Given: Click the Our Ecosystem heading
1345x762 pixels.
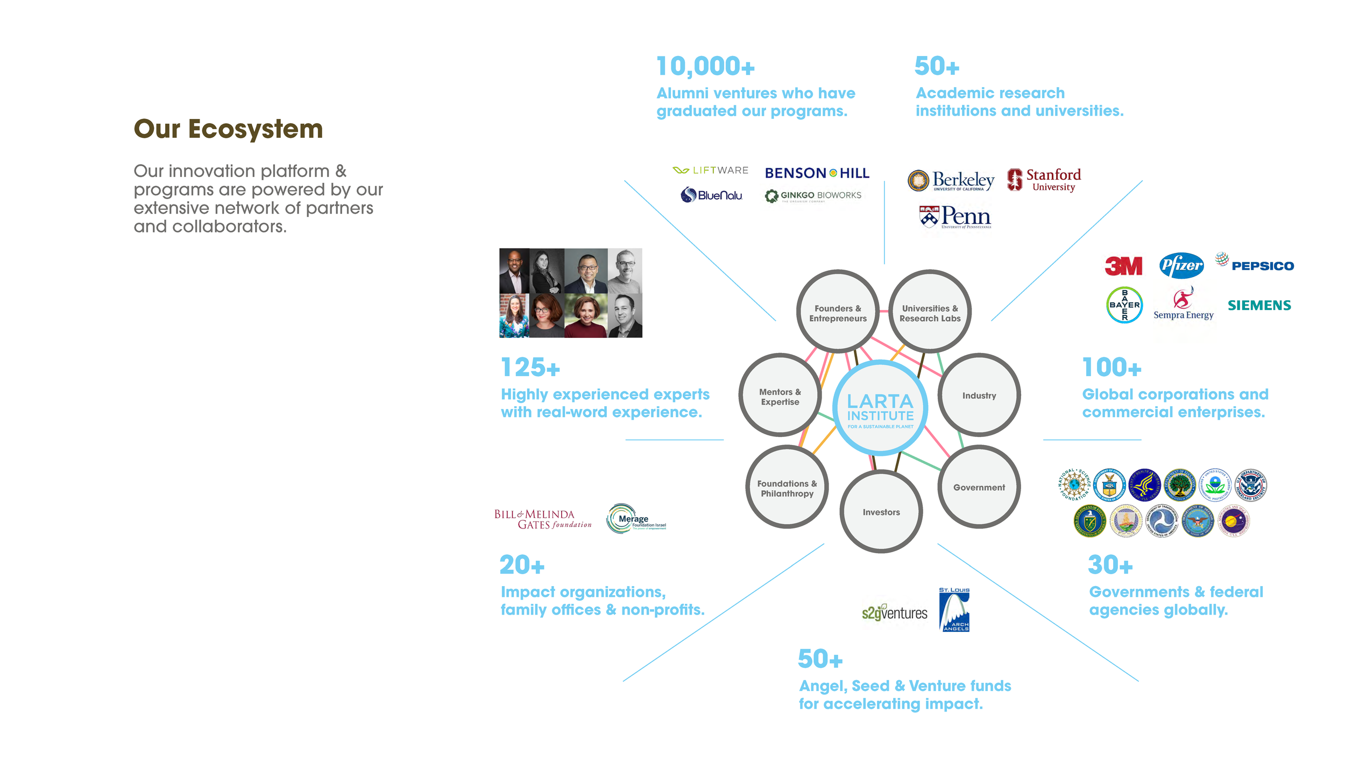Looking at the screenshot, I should (x=228, y=129).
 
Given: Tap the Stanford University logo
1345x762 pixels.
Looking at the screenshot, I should (x=1044, y=180).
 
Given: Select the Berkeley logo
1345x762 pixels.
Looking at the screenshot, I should (x=951, y=181).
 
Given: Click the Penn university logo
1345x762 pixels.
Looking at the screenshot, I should (x=955, y=217).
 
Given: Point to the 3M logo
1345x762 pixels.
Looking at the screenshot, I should (x=1123, y=266).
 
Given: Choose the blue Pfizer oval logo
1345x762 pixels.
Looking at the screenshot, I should (x=1181, y=265).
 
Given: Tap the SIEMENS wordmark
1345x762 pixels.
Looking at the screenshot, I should (x=1259, y=306).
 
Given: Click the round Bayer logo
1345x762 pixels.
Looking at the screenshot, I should (x=1124, y=305).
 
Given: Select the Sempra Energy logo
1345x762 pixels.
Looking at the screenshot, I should (x=1183, y=305).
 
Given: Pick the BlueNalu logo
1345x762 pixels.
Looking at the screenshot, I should (x=711, y=195).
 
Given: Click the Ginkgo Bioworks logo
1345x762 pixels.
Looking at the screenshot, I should (x=813, y=196).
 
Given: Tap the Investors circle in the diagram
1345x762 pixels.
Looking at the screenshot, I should (x=881, y=512).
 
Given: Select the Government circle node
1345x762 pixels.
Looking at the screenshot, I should (x=979, y=487).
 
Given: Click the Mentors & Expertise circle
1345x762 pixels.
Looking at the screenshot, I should (x=780, y=396).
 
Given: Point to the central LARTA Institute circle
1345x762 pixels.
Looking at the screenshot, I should (x=880, y=408).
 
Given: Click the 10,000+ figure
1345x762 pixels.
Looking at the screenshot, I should (x=705, y=67).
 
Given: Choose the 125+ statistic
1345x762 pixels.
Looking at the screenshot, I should (x=530, y=368).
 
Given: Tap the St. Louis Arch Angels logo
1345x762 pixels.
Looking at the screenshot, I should (x=954, y=609).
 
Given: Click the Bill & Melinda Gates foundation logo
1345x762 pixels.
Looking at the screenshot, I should (x=542, y=519).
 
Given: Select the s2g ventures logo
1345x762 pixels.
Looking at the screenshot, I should (x=894, y=612).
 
